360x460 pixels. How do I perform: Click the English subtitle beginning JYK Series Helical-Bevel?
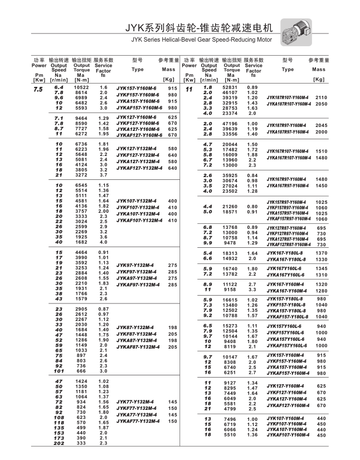202,40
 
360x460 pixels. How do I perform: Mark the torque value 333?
81,443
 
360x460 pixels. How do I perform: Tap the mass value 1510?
321,151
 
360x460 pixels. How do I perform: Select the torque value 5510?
230,434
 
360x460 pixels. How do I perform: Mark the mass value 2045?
321,125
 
